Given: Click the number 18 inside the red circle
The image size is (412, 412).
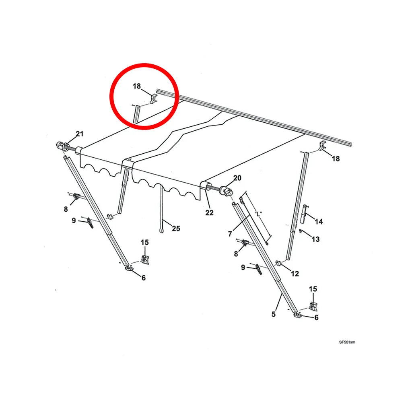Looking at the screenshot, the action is click(137, 86).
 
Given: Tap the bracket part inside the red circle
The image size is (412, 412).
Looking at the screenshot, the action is click(154, 99).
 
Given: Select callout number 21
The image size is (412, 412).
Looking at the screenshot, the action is click(80, 134).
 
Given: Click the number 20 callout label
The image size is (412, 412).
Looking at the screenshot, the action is click(237, 178).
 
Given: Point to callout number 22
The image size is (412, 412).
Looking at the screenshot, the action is click(209, 212).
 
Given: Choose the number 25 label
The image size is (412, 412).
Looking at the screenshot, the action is click(176, 229).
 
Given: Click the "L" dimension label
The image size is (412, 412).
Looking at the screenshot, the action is click(259, 214).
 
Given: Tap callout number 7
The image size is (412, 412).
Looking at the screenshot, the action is click(230, 234).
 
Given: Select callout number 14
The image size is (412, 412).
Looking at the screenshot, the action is click(319, 222).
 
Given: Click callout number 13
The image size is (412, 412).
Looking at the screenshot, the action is click(315, 239).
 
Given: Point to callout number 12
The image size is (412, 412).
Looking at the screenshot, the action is click(295, 274).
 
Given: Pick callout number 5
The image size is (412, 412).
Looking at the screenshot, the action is click(274, 314).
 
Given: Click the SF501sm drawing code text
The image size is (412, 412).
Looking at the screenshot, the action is click(347, 342).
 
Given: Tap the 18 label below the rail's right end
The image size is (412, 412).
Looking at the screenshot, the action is click(336, 159).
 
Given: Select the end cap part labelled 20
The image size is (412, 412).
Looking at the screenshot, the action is click(227, 191).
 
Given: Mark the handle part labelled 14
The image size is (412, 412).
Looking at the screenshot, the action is click(304, 214).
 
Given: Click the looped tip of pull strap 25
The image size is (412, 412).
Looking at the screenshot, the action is click(161, 231).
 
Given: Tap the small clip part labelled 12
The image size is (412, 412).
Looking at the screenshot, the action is click(278, 263).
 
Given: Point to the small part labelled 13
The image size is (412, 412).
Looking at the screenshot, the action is click(301, 231).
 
